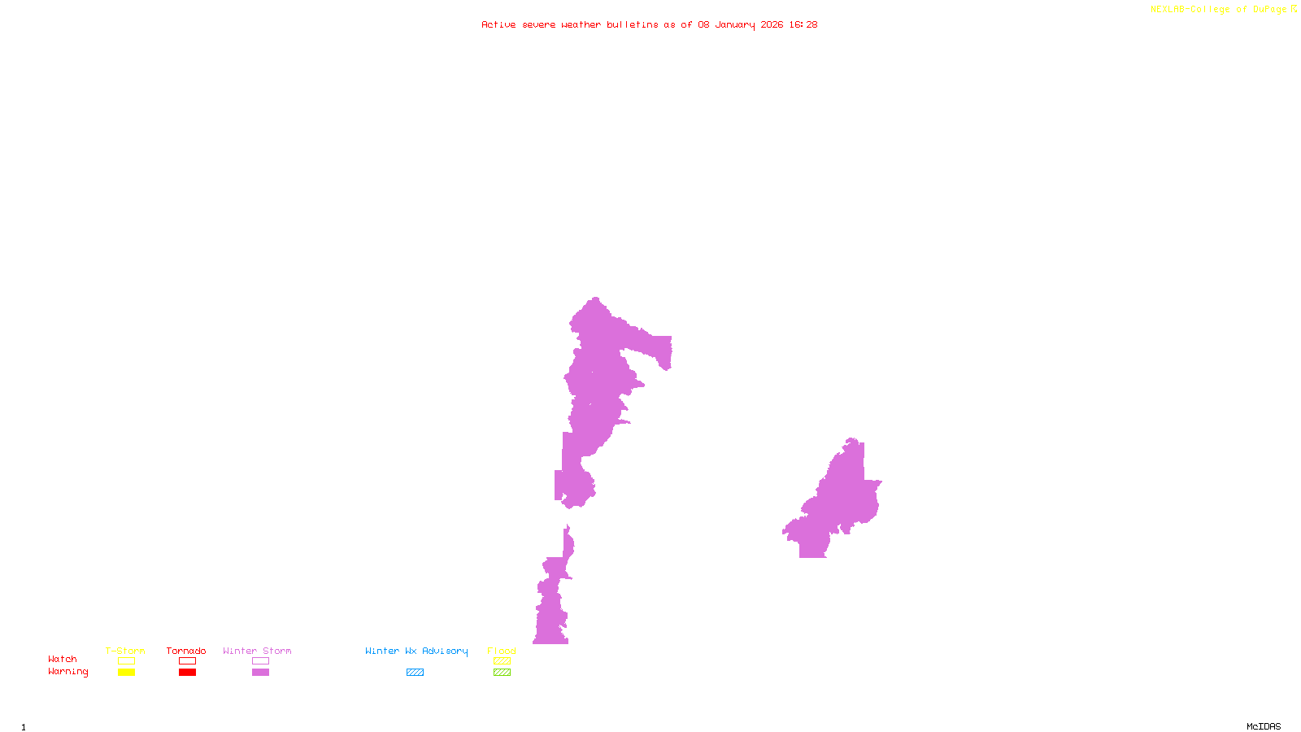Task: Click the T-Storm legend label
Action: tap(125, 651)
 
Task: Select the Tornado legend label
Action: tap(186, 651)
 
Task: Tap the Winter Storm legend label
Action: tap(257, 651)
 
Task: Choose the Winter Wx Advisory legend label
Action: tap(416, 651)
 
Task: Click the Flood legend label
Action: tap(502, 651)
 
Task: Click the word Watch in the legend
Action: tap(63, 659)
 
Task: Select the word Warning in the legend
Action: tap(67, 672)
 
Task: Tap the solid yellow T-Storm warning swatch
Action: tap(126, 673)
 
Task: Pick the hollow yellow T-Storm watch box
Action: tap(126, 661)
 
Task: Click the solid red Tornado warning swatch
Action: tap(187, 673)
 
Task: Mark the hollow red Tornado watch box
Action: tap(187, 661)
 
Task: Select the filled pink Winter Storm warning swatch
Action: tap(260, 673)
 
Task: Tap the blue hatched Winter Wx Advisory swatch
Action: tap(415, 673)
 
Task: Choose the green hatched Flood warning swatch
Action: tap(502, 673)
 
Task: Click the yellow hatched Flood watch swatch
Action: tap(502, 661)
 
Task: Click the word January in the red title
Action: tap(734, 24)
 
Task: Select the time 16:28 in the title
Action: tap(803, 24)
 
